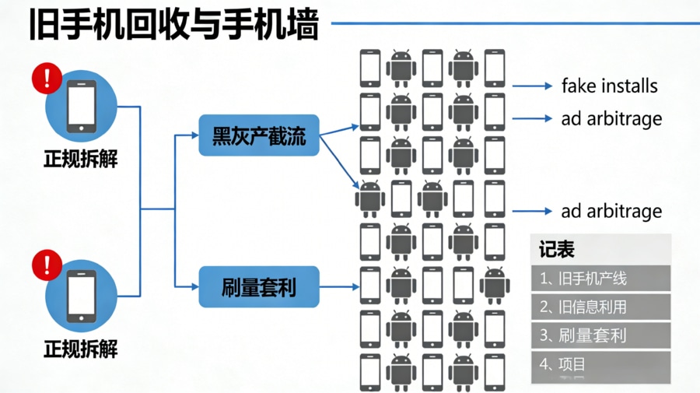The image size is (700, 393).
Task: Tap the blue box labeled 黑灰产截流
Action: (259, 135)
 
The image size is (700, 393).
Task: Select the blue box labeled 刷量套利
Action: (259, 286)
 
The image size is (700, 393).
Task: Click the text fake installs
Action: (609, 86)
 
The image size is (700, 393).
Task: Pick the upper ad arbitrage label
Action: (611, 119)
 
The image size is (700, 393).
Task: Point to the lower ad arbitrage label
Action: (611, 212)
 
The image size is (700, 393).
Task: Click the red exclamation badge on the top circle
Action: (47, 79)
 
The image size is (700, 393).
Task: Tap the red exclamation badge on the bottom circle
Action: (47, 265)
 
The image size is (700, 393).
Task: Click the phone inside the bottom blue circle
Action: (82, 296)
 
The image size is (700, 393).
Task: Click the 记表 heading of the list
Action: (557, 250)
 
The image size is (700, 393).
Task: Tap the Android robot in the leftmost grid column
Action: (370, 198)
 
